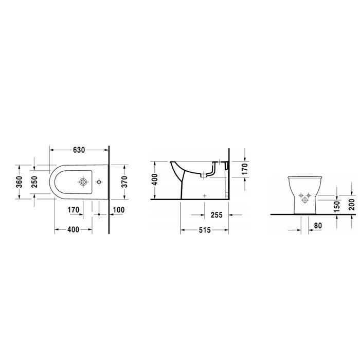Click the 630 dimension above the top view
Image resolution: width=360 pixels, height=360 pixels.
pos(79,151)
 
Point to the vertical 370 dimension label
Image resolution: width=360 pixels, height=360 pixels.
pos(123,182)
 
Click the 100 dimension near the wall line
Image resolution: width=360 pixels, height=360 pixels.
pos(119,209)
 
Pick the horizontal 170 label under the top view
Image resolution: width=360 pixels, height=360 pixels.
pos(74,209)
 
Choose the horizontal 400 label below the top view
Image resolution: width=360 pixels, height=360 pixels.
pos(73,230)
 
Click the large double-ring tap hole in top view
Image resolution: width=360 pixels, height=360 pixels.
pos(82,182)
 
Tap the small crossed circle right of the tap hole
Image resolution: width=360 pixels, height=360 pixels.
pos(98,182)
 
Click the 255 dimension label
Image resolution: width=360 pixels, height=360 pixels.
pos(216,215)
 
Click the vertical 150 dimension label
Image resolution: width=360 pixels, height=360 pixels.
pos(336,206)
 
